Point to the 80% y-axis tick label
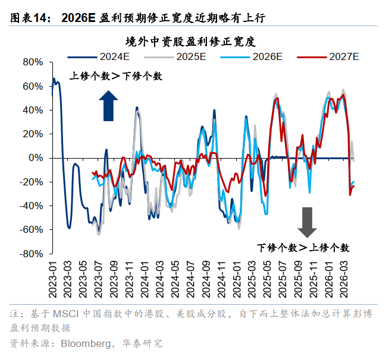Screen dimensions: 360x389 32,62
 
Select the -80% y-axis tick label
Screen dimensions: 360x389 31,254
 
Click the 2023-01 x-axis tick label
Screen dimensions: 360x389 52,280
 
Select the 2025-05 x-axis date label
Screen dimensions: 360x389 267,280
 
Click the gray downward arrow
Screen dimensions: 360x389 308,222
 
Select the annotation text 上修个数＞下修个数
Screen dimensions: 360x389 115,76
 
